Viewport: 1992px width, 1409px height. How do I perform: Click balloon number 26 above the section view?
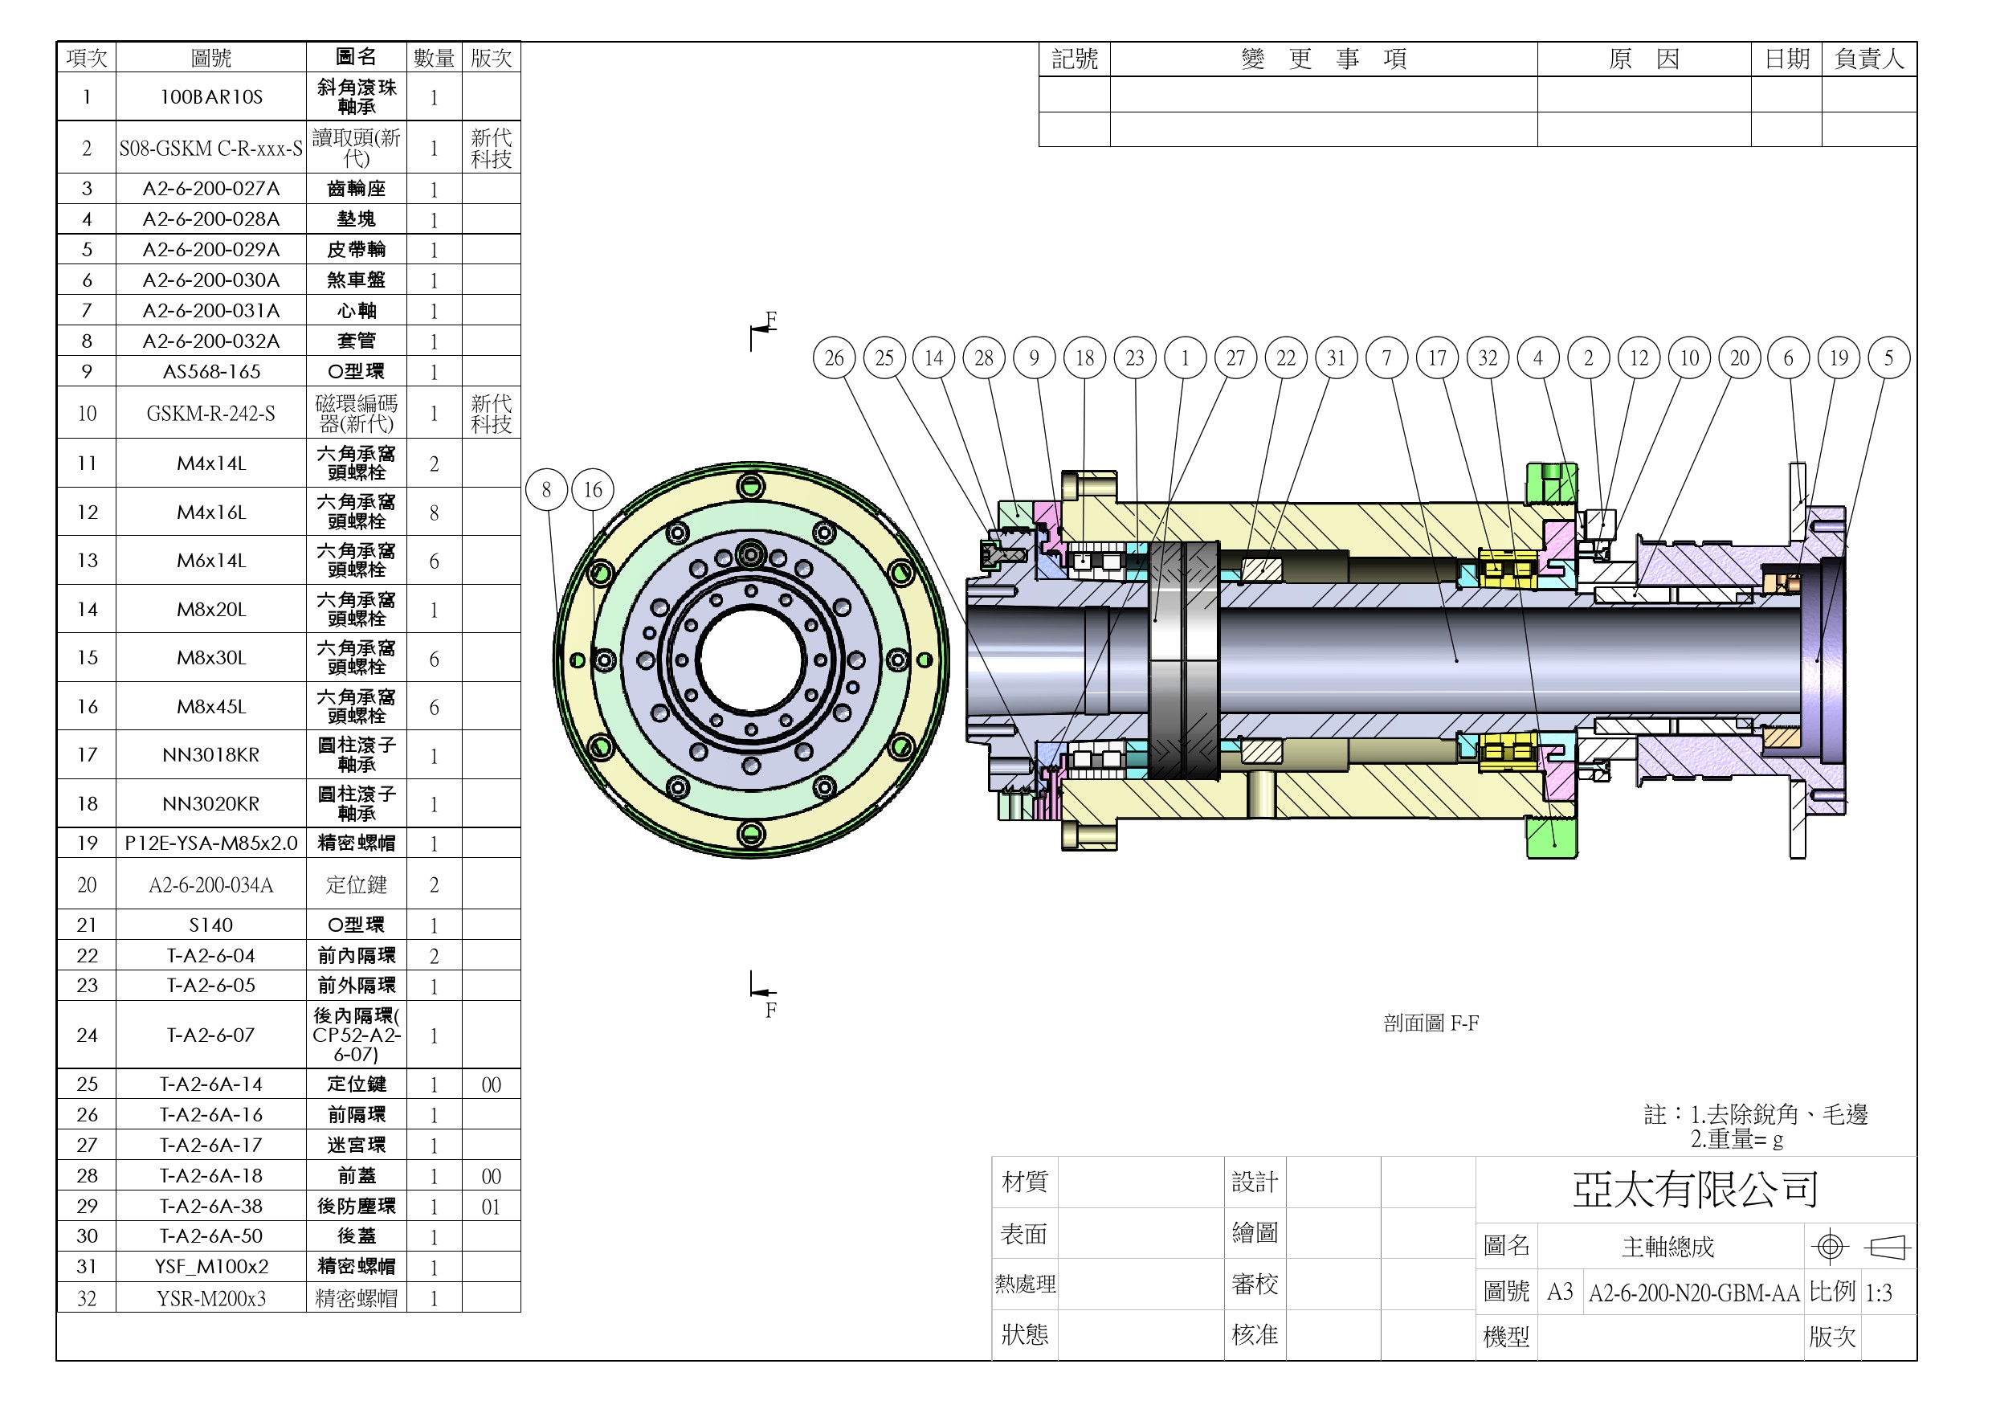click(x=834, y=357)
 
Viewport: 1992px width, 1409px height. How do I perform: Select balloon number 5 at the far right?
click(x=1888, y=357)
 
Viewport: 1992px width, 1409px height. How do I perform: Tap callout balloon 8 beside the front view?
click(x=545, y=489)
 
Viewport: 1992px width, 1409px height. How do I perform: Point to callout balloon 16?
click(x=593, y=489)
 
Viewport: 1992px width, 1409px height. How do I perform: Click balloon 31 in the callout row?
click(x=1336, y=357)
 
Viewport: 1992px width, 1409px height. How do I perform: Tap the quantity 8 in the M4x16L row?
click(x=434, y=513)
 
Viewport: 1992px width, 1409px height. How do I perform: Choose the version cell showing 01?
click(x=491, y=1207)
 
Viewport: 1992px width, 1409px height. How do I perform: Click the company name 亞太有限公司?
click(x=1696, y=1190)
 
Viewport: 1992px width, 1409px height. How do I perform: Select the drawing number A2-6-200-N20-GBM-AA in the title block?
click(x=1693, y=1293)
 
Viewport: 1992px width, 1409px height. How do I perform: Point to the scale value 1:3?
click(x=1879, y=1293)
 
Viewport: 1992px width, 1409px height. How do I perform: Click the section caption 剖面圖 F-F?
click(x=1431, y=1023)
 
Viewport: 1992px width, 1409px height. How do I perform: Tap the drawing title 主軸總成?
click(x=1667, y=1247)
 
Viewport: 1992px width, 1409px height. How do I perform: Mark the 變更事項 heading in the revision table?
click(x=1323, y=59)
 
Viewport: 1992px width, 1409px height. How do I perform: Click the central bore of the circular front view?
click(x=751, y=660)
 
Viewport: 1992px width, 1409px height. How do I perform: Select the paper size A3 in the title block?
click(x=1559, y=1293)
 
